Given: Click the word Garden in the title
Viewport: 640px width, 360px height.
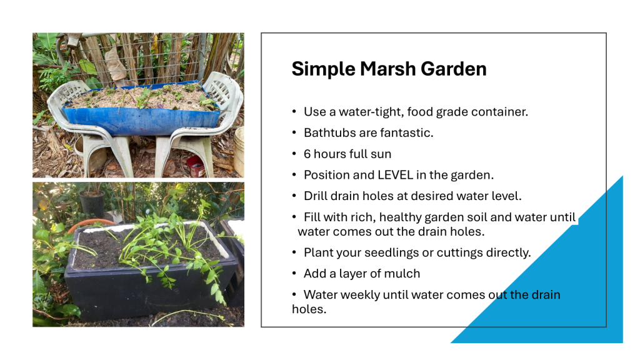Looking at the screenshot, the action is [454, 69].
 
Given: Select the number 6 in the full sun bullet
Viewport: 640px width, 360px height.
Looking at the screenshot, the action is [307, 154].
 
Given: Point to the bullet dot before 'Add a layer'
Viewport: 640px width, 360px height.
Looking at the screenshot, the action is [294, 273].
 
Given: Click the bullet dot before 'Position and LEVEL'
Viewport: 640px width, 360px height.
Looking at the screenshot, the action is [294, 175].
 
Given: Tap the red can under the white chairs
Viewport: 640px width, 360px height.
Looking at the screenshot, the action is [196, 166].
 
